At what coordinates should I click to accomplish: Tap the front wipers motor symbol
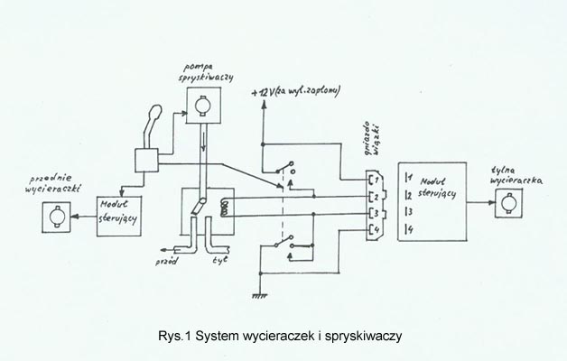coord(51,216)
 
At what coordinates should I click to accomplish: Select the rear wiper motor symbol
coord(502,211)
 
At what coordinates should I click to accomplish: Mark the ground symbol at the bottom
coord(259,292)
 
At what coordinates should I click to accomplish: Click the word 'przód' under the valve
coord(167,260)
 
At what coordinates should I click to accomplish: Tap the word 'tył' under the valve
coord(219,260)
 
